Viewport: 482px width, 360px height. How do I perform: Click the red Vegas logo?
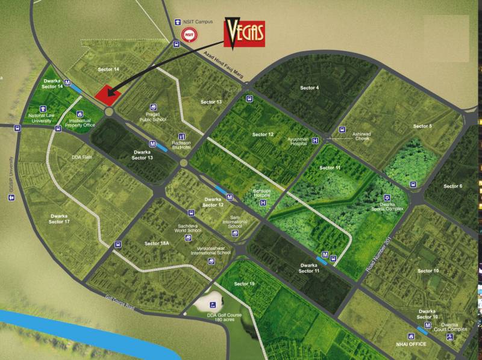[x=244, y=33]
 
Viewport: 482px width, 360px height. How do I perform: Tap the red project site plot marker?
[x=108, y=93]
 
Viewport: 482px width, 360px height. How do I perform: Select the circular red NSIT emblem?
[x=189, y=35]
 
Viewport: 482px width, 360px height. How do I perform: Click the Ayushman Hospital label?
[x=302, y=142]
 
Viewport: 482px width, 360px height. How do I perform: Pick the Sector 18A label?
[x=157, y=243]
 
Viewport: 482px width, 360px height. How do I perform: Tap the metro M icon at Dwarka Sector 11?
[x=325, y=255]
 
